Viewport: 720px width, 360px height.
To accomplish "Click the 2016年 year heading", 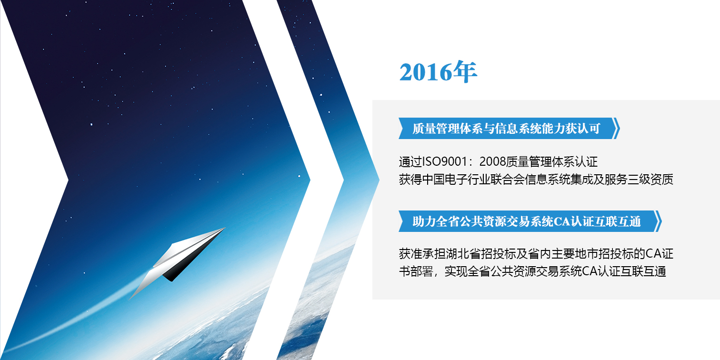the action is click(x=438, y=72).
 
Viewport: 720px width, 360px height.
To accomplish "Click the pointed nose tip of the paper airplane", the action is click(x=225, y=228).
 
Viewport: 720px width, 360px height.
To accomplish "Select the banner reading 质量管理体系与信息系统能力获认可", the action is click(x=506, y=129).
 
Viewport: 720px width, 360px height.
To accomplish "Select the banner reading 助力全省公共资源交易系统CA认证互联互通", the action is click(x=527, y=221).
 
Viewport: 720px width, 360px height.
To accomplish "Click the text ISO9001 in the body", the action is click(x=445, y=162).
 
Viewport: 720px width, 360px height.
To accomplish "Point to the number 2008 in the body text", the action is click(x=492, y=162).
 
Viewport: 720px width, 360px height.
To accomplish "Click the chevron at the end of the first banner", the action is click(x=617, y=129).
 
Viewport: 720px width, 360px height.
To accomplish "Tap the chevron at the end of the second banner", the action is click(x=658, y=221).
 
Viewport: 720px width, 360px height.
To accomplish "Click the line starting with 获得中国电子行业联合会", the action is click(x=536, y=180).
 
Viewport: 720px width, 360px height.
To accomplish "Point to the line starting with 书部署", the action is click(x=532, y=271).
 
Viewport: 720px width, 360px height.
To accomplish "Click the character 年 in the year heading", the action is click(x=465, y=72).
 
